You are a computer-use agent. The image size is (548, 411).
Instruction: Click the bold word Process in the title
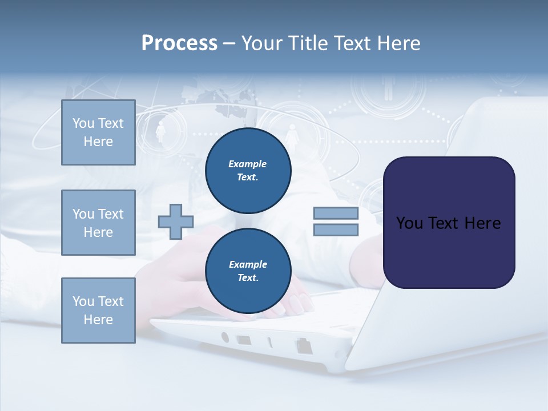coord(179,43)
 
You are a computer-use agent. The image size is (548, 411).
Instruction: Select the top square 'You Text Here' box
coord(98,132)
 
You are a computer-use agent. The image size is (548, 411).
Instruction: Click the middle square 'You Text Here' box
coord(98,223)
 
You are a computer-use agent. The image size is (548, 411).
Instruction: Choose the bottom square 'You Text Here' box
coord(98,311)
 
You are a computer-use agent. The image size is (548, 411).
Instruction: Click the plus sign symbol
coord(176,221)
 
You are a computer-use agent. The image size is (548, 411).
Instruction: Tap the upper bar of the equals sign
coord(336,213)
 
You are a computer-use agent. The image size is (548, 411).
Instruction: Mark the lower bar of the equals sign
coord(336,229)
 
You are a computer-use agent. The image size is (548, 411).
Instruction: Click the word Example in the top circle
coord(247,164)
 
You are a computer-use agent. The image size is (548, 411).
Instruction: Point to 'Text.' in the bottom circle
coord(247,278)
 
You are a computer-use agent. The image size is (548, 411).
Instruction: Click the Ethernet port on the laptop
coord(303,345)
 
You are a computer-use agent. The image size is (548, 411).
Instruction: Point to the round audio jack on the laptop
coord(225,337)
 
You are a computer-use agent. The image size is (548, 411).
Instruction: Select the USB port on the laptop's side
coord(244,340)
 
